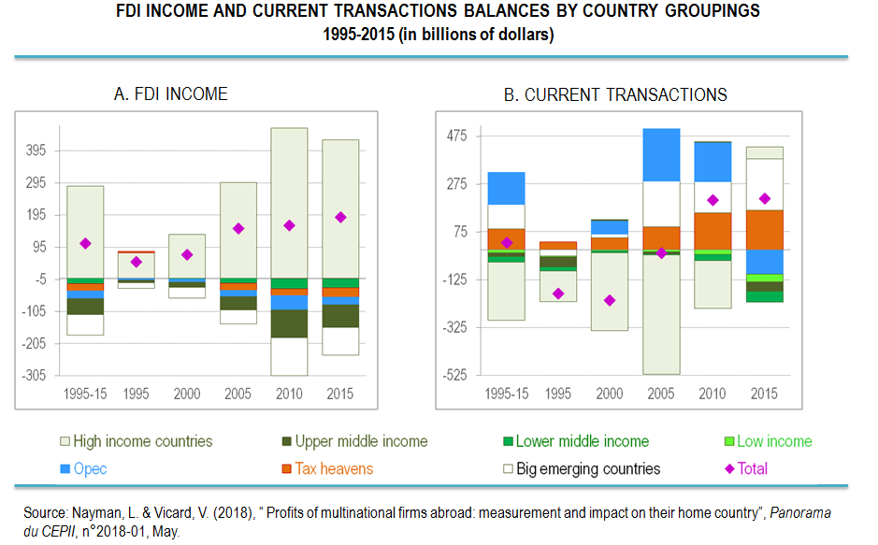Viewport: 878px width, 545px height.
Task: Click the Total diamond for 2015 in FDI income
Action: pos(340,217)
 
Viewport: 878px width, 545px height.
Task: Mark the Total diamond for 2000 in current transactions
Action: pos(609,300)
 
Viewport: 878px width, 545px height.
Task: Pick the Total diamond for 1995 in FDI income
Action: pos(136,262)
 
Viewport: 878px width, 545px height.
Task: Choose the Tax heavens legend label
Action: pos(334,469)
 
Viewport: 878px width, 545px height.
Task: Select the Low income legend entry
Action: pos(774,441)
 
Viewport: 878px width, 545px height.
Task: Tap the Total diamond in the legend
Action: pos(730,469)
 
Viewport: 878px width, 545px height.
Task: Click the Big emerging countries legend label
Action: pos(588,469)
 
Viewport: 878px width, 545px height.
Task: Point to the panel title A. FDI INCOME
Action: pos(170,94)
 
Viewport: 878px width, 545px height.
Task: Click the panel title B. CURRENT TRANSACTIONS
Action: pos(615,94)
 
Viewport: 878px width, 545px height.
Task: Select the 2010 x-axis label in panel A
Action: pos(289,394)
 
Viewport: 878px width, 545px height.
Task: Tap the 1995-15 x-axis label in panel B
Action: pos(506,394)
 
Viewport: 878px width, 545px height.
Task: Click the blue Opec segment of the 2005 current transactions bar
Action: pos(661,154)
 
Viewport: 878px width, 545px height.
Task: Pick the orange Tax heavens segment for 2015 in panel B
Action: pos(765,230)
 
